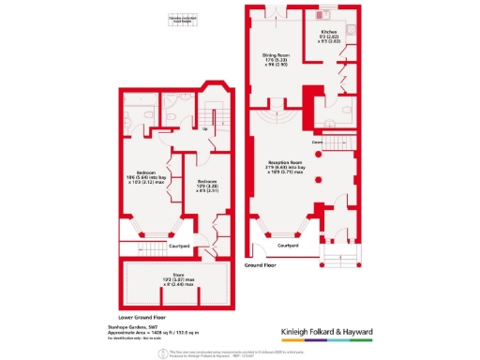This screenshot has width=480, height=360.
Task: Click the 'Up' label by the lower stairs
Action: pyautogui.click(x=205, y=128)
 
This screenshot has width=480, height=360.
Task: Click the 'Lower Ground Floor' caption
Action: pyautogui.click(x=142, y=317)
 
